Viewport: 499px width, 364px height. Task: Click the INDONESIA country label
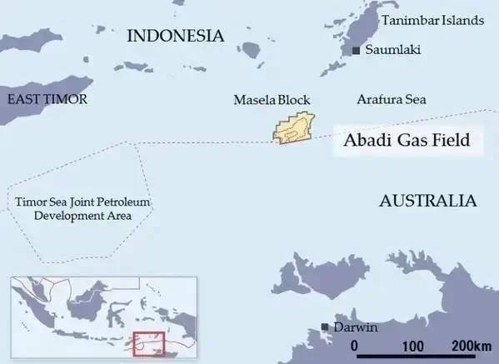(175, 36)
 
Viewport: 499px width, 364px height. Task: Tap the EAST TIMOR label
(47, 100)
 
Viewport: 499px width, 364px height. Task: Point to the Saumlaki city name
(392, 51)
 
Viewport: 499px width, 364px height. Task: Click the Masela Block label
(272, 100)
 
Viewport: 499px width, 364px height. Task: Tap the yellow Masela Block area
(293, 130)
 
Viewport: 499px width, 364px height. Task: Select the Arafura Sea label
(392, 100)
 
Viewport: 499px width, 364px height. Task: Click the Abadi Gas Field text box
(407, 140)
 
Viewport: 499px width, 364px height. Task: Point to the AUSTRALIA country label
(427, 201)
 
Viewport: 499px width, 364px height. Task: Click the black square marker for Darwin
(324, 327)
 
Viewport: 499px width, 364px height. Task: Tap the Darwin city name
(356, 327)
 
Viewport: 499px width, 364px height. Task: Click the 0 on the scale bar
(355, 345)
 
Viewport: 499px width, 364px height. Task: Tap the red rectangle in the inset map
(151, 344)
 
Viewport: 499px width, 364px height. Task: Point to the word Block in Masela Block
(293, 100)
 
